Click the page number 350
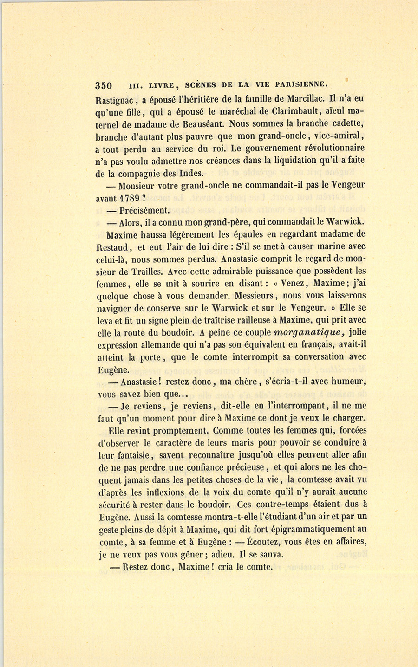pos(104,85)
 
